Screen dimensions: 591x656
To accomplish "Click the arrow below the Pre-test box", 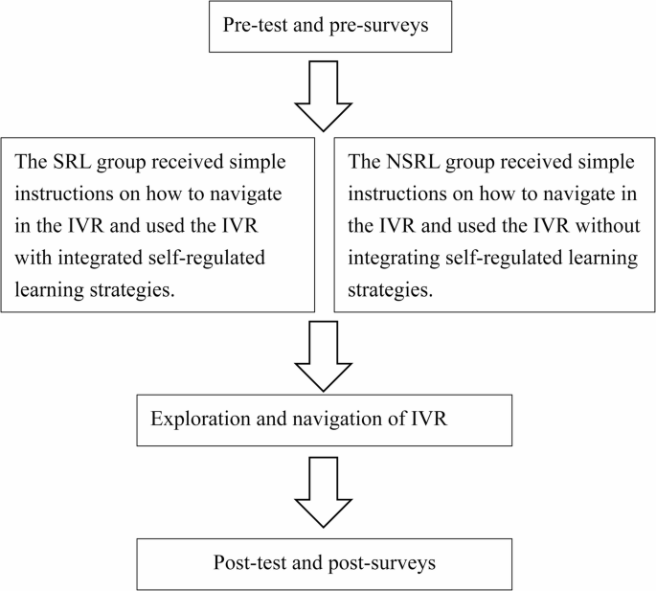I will (327, 96).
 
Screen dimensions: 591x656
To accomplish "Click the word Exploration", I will (194, 420).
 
